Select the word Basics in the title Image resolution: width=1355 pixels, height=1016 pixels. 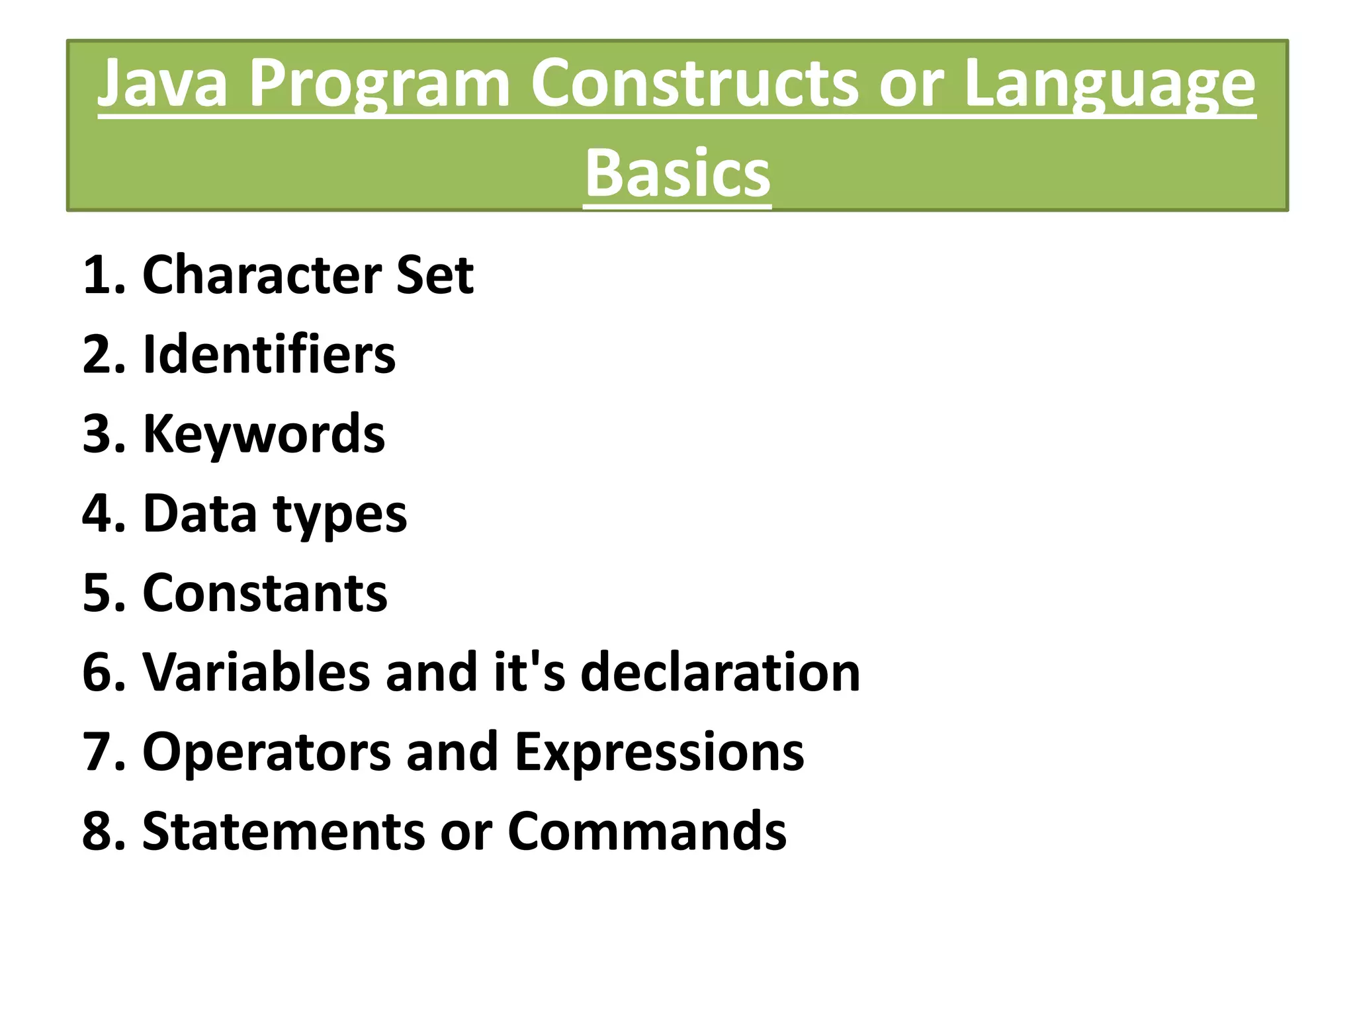pyautogui.click(x=677, y=173)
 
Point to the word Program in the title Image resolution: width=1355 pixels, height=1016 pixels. pyautogui.click(x=379, y=83)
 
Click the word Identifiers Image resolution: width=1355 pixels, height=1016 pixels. pyautogui.click(x=269, y=355)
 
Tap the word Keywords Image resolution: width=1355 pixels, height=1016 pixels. pyautogui.click(x=263, y=434)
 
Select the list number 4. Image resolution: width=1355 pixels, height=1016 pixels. pyautogui.click(x=101, y=513)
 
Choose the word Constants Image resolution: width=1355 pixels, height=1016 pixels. pyautogui.click(x=265, y=593)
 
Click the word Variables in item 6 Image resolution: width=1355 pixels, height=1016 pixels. pyautogui.click(x=256, y=672)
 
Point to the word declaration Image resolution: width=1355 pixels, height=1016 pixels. pyautogui.click(x=721, y=672)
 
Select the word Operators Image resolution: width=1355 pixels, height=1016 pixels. pyautogui.click(x=267, y=753)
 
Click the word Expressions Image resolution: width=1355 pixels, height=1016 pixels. pyautogui.click(x=659, y=753)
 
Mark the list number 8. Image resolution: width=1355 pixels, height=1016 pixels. pyautogui.click(x=101, y=831)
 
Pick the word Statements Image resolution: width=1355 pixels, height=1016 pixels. pyautogui.click(x=284, y=831)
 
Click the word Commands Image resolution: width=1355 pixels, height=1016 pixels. pyautogui.click(x=647, y=831)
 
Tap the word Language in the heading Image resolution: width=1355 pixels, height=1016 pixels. pyautogui.click(x=1109, y=83)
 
